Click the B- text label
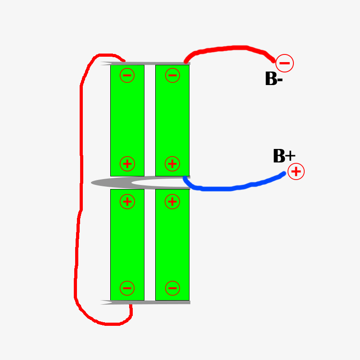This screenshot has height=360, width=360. point(273,79)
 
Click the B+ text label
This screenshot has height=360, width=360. point(283,156)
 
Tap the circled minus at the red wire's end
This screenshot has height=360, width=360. point(284,63)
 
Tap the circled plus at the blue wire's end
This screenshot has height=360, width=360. point(296,171)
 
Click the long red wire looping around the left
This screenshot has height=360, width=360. point(81,180)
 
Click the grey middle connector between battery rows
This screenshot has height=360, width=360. point(112,183)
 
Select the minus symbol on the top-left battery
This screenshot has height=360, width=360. point(127,75)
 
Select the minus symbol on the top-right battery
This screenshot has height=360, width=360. point(172,75)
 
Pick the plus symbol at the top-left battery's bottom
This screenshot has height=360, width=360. point(127,163)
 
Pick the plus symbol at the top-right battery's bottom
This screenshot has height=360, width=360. point(172,163)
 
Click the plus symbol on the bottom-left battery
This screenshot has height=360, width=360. point(127,202)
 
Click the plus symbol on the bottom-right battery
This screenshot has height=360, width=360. point(172,202)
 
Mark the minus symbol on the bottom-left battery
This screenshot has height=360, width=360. point(127,288)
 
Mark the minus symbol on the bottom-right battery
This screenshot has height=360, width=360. point(172,288)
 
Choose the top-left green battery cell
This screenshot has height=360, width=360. point(127,119)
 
